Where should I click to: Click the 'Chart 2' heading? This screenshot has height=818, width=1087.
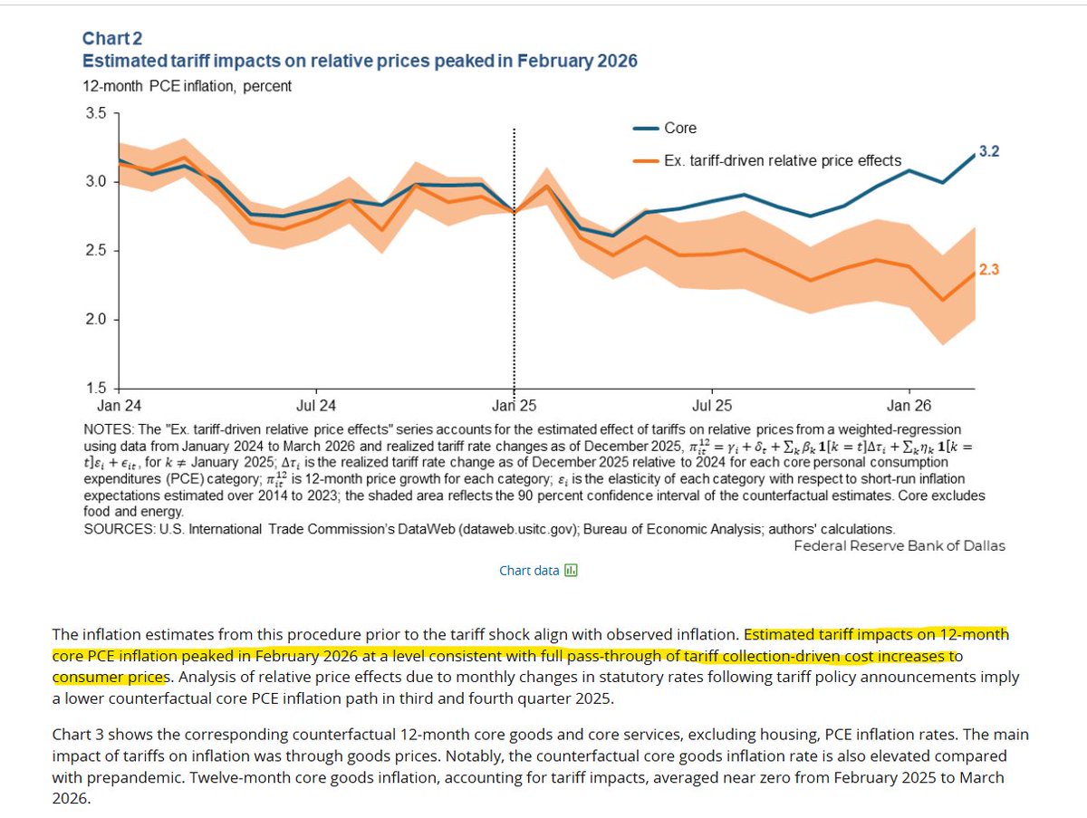tap(112, 39)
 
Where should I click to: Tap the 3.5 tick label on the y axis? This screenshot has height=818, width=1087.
tap(96, 113)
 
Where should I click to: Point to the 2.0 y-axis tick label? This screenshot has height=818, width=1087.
tap(96, 320)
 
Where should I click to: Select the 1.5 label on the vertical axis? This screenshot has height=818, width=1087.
tap(96, 388)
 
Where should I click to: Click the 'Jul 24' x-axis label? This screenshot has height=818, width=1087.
tap(316, 406)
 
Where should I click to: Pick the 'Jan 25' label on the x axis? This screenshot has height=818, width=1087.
tap(514, 406)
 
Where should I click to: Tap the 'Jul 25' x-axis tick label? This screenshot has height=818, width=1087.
tap(712, 406)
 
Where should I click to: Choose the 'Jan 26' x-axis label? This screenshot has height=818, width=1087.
tap(909, 406)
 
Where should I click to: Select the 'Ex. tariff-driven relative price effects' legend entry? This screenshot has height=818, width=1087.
tap(767, 161)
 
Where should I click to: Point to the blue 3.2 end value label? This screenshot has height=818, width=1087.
tap(989, 151)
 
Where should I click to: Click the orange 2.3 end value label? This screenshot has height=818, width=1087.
tap(989, 270)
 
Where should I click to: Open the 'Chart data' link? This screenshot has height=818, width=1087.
tap(529, 571)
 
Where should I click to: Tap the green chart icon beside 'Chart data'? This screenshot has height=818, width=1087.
tap(571, 571)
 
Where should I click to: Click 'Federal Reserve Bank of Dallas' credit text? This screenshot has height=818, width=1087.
tap(899, 546)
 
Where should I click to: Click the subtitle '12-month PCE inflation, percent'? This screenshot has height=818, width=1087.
tap(188, 87)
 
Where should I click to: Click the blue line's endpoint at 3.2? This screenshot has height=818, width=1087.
tap(974, 155)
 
